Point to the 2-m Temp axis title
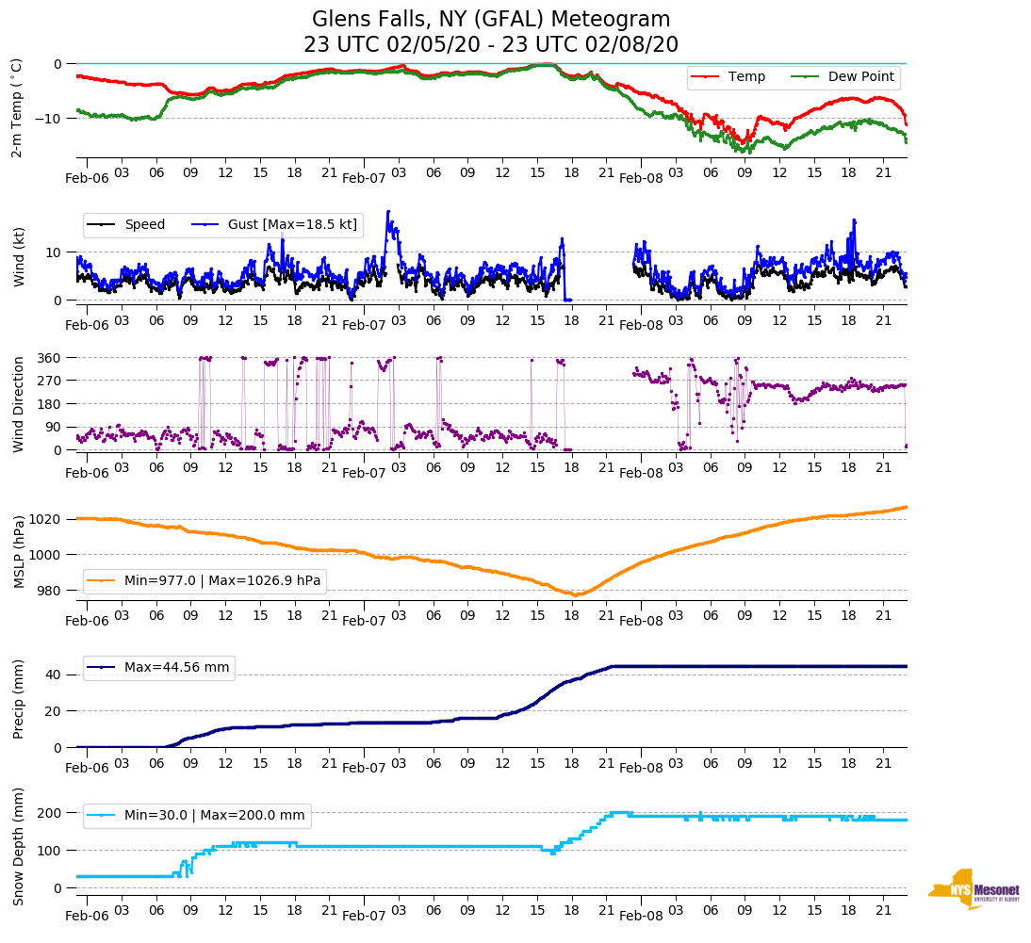coord(17,106)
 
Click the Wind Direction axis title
coord(17,404)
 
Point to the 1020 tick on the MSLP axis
coord(47,519)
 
